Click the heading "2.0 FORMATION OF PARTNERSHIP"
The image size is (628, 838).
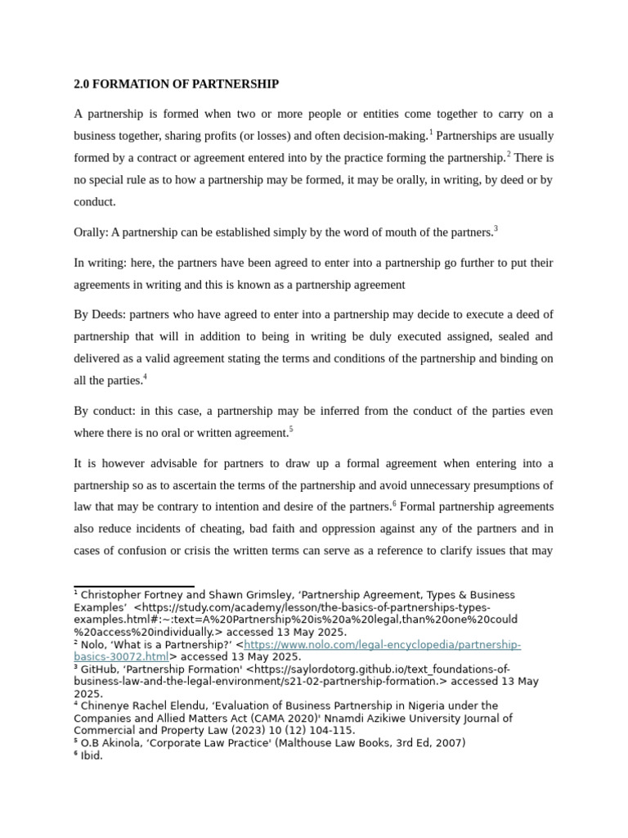(176, 84)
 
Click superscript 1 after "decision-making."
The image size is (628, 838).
(431, 132)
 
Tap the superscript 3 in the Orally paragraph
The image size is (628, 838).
(496, 229)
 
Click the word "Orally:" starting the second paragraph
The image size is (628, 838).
(91, 232)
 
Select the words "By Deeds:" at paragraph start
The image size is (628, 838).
(100, 315)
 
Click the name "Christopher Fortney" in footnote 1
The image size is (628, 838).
(128, 595)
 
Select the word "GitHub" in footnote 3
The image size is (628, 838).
(99, 669)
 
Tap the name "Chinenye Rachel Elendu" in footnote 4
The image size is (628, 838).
(146, 705)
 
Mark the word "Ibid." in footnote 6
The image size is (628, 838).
(92, 755)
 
